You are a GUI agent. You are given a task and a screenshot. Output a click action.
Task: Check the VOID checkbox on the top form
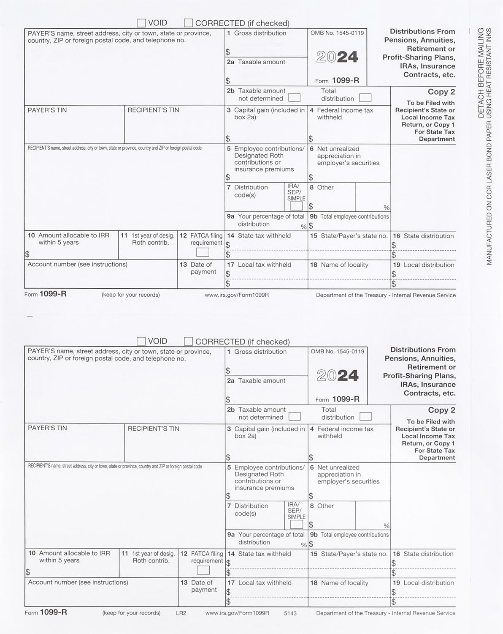pos(141,23)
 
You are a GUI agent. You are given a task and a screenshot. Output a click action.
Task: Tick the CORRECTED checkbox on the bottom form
pos(189,341)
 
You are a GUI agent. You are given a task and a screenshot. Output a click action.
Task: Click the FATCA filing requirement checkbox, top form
pos(203,252)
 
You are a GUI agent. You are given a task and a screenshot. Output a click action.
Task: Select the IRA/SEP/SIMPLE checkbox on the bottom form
pos(297,524)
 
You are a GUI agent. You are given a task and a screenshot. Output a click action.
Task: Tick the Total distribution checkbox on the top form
pos(365,98)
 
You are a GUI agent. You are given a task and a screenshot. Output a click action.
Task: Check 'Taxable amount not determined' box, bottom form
pos(295,416)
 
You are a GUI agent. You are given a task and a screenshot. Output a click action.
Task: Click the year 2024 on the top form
pos(337,57)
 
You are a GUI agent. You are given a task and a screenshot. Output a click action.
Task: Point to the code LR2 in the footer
pos(181,613)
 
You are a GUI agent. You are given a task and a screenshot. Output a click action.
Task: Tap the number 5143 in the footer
pos(290,613)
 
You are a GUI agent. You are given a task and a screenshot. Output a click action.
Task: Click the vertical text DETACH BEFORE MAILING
pos(481,72)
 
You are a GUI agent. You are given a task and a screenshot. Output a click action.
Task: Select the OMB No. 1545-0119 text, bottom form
pos(338,351)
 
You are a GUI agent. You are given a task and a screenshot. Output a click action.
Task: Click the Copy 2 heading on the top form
pos(441,92)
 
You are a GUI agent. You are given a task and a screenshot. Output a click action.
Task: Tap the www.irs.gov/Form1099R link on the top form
pos(237,295)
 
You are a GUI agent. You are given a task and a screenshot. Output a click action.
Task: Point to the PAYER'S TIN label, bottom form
pos(47,428)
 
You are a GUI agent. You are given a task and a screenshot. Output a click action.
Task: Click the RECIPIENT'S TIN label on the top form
pos(153,110)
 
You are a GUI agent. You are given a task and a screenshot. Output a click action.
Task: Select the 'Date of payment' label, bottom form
pos(203,586)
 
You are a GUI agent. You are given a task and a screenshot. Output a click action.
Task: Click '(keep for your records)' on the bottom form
pos(131,613)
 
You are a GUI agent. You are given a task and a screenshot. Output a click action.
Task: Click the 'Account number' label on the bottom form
pos(78,582)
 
